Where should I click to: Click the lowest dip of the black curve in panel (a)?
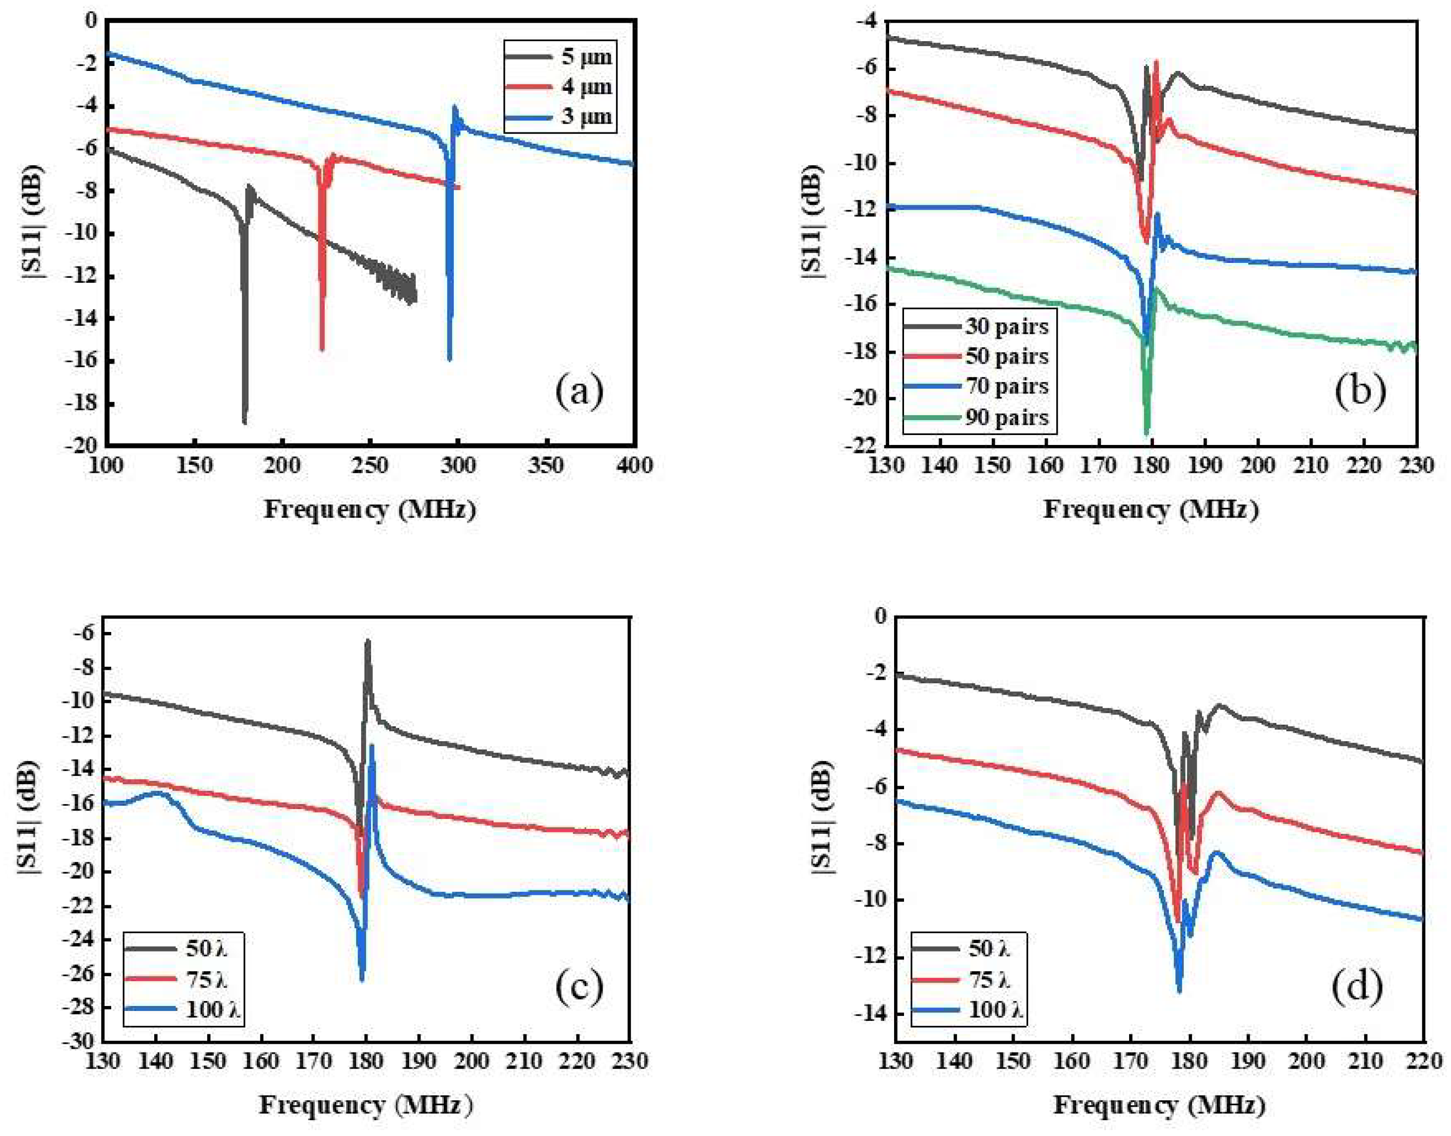tap(244, 422)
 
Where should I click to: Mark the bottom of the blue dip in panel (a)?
tap(450, 359)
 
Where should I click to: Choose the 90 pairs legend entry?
tap(1006, 417)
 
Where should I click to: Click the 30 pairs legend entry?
tap(1006, 326)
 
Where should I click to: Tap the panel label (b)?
tap(1360, 391)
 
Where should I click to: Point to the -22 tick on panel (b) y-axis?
tap(860, 445)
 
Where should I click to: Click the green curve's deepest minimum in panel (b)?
tap(1147, 433)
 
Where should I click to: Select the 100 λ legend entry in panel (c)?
tap(213, 1010)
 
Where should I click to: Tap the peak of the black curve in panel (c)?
tap(367, 642)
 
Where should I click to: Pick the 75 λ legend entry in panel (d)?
tap(990, 980)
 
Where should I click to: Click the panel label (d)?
tap(1357, 986)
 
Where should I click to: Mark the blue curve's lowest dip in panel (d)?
tap(1179, 991)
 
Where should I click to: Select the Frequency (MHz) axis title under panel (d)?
tap(1158, 1105)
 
